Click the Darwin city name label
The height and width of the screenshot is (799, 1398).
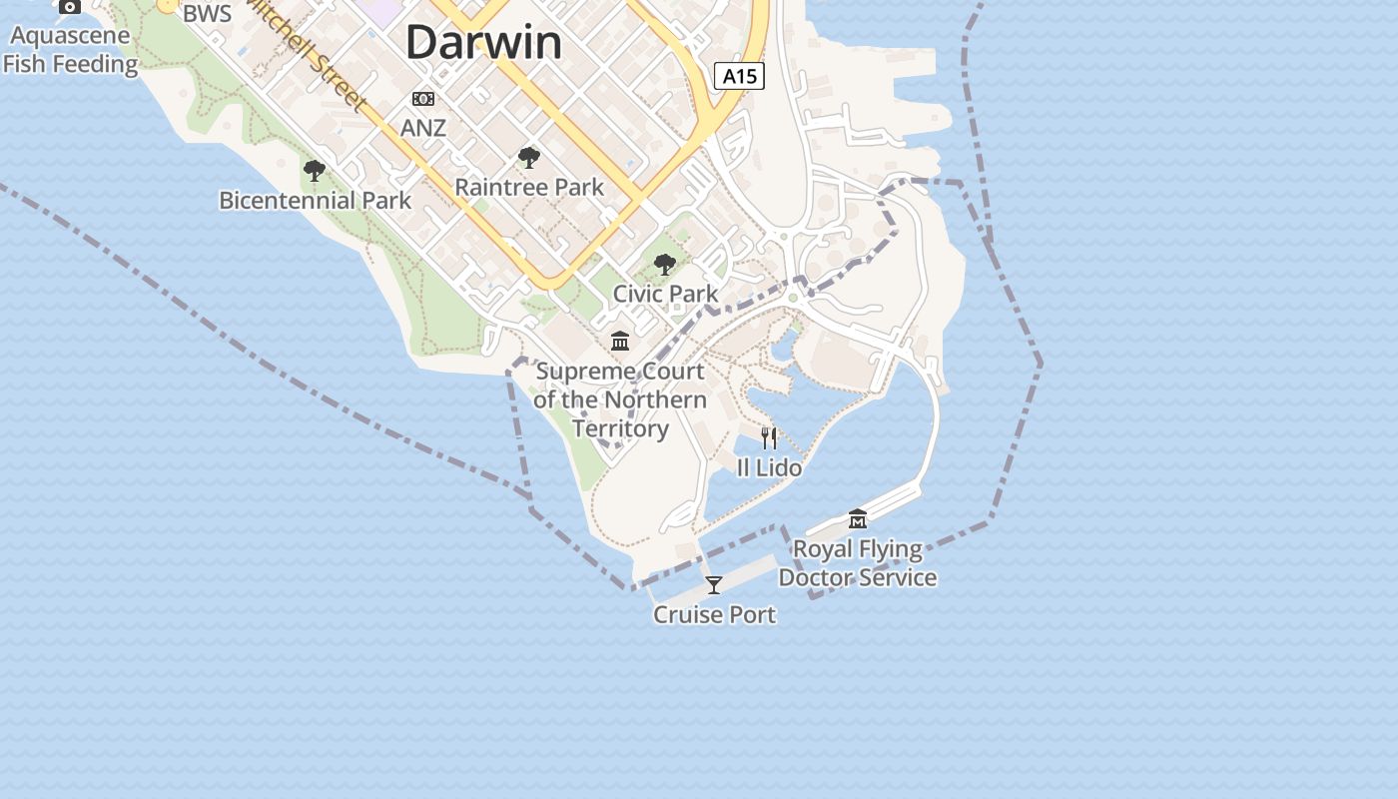[484, 43]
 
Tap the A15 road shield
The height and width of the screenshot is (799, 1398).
[739, 75]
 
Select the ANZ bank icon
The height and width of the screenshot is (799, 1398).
[423, 99]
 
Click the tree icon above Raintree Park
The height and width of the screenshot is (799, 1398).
[529, 158]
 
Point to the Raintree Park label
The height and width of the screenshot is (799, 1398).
[529, 187]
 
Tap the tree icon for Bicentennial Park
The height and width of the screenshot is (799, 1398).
[315, 171]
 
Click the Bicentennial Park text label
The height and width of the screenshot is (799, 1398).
[315, 200]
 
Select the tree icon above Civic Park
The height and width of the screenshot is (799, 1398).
[665, 265]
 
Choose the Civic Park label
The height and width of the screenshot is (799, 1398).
[665, 294]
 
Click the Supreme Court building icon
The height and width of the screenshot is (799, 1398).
[620, 342]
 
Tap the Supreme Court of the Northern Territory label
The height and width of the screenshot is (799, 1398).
[619, 399]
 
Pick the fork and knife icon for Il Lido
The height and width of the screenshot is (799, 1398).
[769, 437]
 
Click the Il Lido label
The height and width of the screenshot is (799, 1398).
[769, 466]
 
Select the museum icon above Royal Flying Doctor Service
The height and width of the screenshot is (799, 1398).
[858, 519]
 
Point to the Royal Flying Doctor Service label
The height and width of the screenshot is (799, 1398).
[858, 563]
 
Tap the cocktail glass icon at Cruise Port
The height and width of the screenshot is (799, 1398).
[714, 585]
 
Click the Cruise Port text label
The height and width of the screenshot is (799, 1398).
[714, 614]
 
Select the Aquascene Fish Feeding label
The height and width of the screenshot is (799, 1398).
[70, 50]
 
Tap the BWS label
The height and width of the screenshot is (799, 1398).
[207, 14]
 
